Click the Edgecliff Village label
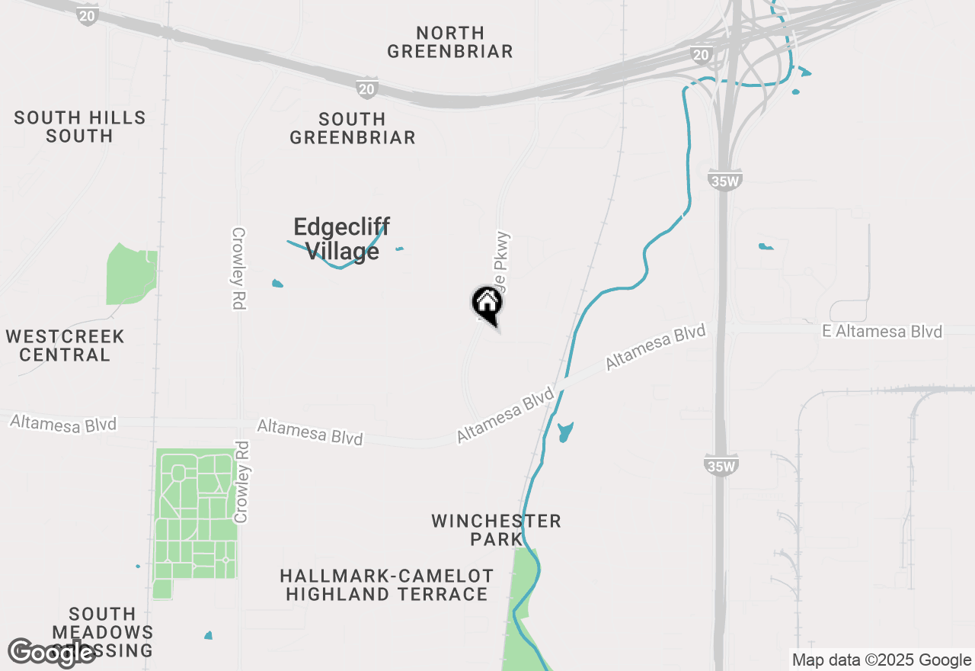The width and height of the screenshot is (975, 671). tap(341, 238)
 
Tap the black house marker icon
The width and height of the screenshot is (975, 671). tap(487, 303)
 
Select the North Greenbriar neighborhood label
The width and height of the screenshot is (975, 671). tap(450, 42)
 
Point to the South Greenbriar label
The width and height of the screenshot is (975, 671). tap(353, 128)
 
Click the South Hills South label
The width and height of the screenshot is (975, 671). tap(79, 127)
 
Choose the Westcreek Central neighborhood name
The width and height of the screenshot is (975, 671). tap(65, 345)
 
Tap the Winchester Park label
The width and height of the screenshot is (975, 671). tap(496, 530)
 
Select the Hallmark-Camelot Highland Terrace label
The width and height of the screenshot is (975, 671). tap(386, 585)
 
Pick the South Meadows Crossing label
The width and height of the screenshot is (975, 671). tap(102, 631)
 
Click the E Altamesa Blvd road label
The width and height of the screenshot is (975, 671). tap(881, 332)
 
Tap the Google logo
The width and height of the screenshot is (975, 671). tap(51, 653)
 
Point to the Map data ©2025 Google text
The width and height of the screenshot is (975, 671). tap(881, 660)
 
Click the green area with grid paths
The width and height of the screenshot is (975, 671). tap(195, 518)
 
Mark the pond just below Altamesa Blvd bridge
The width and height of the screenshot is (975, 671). tap(564, 432)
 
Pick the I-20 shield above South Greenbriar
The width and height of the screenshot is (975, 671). tap(367, 88)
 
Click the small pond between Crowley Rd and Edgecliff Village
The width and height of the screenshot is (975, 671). tap(277, 284)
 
